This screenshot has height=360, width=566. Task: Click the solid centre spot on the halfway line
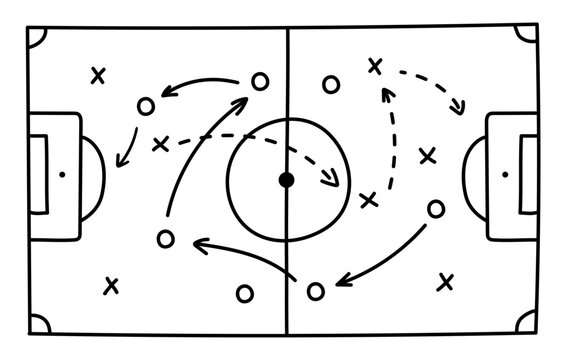pyautogui.click(x=286, y=180)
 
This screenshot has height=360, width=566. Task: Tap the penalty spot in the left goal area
pyautogui.click(x=61, y=175)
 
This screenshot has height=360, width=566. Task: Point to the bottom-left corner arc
pyautogui.click(x=37, y=322)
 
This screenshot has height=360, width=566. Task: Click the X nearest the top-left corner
pyautogui.click(x=97, y=75)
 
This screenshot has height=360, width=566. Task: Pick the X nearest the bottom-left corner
pyautogui.click(x=111, y=286)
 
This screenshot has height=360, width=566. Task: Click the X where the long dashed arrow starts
pyautogui.click(x=160, y=145)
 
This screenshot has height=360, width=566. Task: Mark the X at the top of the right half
pyautogui.click(x=375, y=66)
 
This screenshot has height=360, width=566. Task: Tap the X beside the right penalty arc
pyautogui.click(x=427, y=155)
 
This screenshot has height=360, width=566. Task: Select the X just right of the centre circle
pyautogui.click(x=368, y=199)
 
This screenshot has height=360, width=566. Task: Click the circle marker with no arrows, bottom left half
pyautogui.click(x=244, y=293)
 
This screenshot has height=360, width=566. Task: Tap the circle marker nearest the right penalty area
pyautogui.click(x=435, y=208)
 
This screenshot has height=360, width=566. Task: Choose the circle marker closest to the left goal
pyautogui.click(x=146, y=104)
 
